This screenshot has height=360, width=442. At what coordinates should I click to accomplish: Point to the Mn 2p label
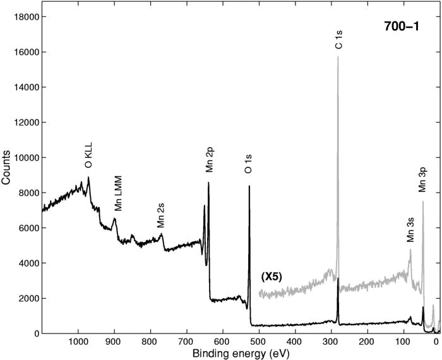click(209, 162)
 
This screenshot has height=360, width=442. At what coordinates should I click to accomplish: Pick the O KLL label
click(88, 157)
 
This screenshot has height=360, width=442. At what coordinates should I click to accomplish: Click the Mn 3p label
click(422, 180)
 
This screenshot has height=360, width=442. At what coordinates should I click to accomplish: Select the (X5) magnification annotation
click(271, 277)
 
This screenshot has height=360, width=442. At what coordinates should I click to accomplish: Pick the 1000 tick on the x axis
click(78, 340)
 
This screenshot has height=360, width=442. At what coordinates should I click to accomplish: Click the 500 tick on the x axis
click(257, 340)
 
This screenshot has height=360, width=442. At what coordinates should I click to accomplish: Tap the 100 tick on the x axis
click(400, 340)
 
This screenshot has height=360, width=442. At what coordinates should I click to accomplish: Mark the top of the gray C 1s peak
click(338, 57)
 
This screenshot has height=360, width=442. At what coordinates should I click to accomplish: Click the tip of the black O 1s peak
click(249, 186)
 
